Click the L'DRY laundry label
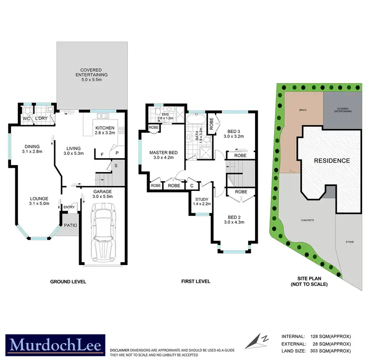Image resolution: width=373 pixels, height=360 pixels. click(x=41, y=119)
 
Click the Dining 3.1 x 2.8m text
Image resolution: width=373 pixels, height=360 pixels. click(x=32, y=149)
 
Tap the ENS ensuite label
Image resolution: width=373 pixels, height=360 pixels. click(x=166, y=116)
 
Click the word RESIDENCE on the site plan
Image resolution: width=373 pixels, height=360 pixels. click(x=332, y=161)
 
